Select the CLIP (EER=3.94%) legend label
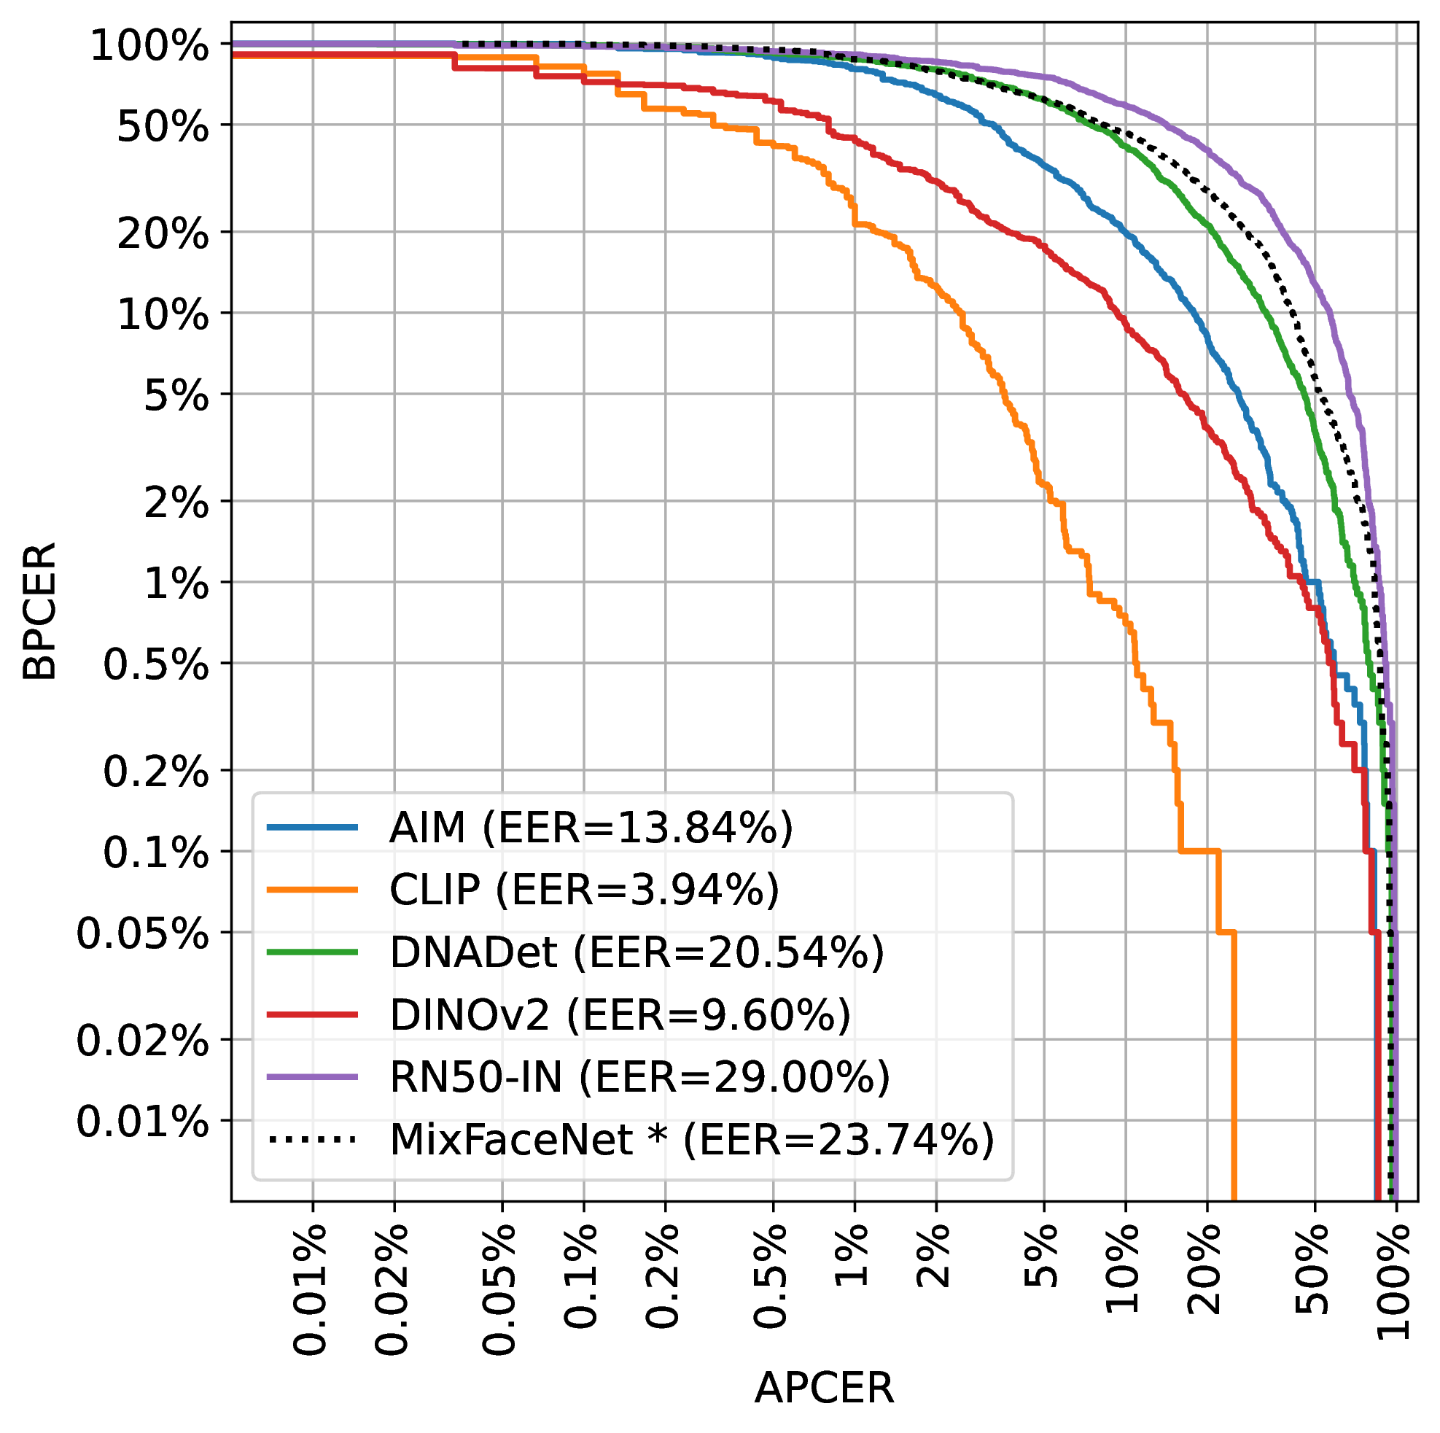point(583,890)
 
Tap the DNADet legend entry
point(637,952)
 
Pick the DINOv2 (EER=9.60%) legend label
point(619,1014)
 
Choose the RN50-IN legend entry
point(639,1077)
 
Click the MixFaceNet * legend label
point(692,1140)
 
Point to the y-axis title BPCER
point(39,611)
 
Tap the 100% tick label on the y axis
point(149,47)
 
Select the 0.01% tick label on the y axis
point(142,1121)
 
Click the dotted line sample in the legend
point(312,1139)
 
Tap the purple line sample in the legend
point(312,1076)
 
